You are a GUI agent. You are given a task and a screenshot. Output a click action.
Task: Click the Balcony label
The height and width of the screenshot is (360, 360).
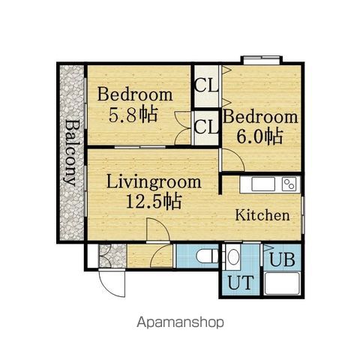coord(71,153)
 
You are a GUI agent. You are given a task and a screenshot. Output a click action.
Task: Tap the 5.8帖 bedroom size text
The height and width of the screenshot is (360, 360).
coord(133,115)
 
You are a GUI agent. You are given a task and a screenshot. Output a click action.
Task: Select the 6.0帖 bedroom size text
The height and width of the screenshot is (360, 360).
coord(259,136)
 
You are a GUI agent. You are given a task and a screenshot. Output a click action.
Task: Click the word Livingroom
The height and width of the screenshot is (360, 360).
coord(154,182)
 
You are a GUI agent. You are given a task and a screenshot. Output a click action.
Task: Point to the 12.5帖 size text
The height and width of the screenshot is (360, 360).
coord(154,202)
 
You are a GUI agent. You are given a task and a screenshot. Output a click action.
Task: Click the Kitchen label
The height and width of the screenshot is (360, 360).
coord(262,215)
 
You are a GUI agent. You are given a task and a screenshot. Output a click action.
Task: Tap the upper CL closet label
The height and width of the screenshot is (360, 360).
coord(206,85)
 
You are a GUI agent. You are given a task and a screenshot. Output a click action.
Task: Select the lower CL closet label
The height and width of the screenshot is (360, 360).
coord(206,127)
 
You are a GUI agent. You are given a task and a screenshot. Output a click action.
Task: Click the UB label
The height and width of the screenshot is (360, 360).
coord(282,259)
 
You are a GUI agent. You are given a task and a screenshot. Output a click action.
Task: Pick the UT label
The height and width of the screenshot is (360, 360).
coord(241,282)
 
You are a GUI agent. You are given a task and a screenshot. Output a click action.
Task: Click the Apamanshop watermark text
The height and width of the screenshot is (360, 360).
coord(180,322)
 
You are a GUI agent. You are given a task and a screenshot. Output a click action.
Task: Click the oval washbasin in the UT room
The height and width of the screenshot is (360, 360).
coord(234,256)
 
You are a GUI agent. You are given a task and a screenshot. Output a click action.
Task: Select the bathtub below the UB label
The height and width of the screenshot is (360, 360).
coord(282,283)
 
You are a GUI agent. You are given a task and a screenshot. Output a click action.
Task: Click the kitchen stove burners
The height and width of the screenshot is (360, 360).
coord(289,184)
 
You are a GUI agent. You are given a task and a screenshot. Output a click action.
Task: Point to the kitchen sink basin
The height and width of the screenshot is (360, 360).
coord(263,184)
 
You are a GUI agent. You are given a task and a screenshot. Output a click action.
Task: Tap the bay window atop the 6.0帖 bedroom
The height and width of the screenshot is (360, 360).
coord(262,60)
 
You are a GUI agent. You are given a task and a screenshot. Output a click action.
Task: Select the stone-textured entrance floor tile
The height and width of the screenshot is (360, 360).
coord(112,256)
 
